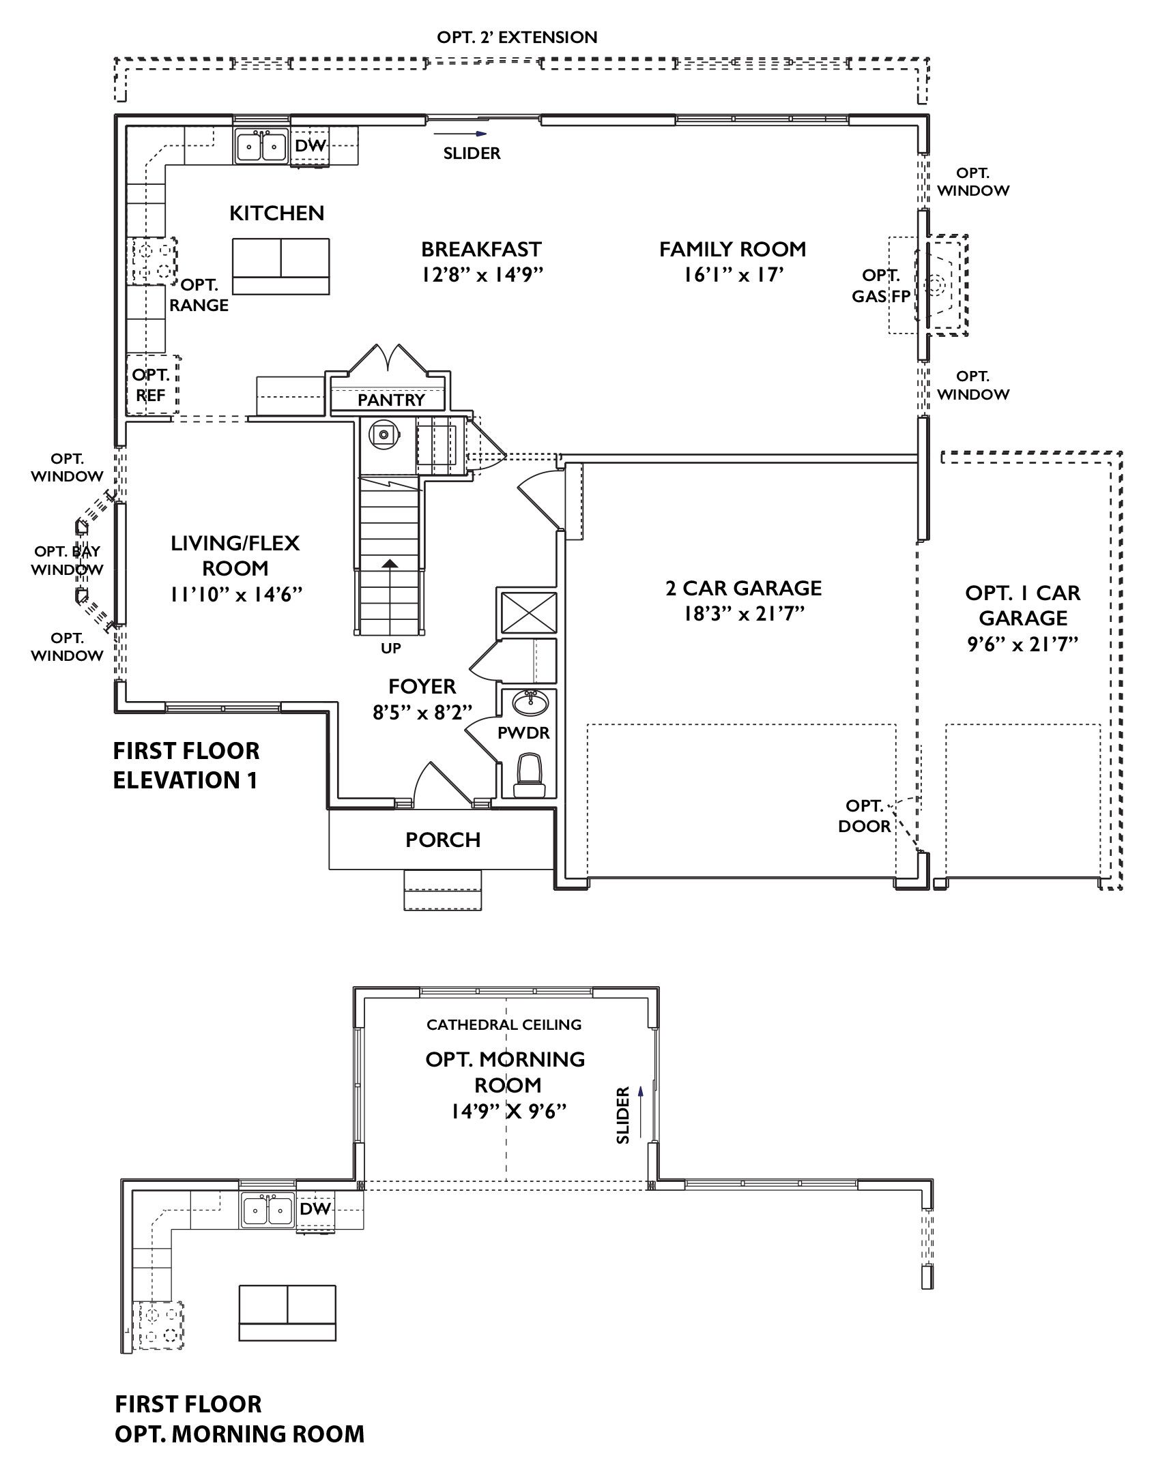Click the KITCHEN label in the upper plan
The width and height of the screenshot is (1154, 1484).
(x=276, y=213)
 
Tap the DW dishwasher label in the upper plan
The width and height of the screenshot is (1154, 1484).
(x=311, y=146)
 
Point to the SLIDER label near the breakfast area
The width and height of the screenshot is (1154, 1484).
(x=472, y=153)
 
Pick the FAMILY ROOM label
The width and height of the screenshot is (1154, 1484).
(x=732, y=250)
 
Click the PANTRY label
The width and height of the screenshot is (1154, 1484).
(x=390, y=400)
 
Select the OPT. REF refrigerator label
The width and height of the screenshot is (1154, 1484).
(x=150, y=385)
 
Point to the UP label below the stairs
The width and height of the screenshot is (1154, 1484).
(x=390, y=649)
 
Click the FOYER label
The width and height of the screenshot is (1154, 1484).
(x=422, y=686)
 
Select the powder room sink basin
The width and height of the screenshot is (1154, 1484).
(x=533, y=702)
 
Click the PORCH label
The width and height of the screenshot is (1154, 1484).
(x=443, y=840)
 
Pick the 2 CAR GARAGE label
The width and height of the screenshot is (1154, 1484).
(x=743, y=588)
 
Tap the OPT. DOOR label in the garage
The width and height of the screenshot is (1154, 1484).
(x=864, y=816)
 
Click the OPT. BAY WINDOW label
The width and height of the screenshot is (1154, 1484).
(x=68, y=560)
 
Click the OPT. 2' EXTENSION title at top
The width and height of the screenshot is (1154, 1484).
(x=517, y=37)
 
